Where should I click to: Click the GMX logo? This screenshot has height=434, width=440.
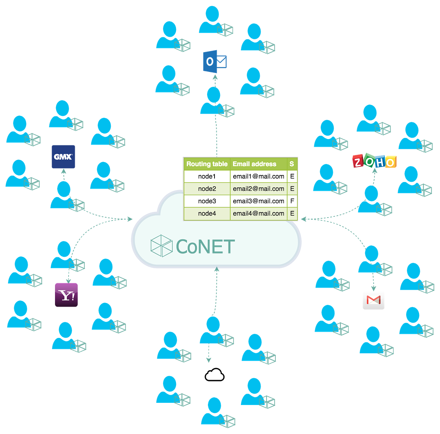pyautogui.click(x=63, y=157)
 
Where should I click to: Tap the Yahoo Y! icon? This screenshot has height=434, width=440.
pyautogui.click(x=66, y=295)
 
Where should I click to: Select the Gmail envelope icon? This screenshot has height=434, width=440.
pyautogui.click(x=373, y=300)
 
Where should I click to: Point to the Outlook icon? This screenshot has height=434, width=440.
pyautogui.click(x=215, y=61)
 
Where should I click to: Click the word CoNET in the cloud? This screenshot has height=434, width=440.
pyautogui.click(x=205, y=247)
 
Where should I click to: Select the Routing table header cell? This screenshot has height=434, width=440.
pyautogui.click(x=207, y=164)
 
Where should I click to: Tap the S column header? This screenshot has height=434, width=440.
pyautogui.click(x=292, y=164)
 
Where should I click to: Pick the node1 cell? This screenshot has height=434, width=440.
pyautogui.click(x=207, y=176)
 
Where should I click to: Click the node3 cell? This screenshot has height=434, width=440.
pyautogui.click(x=207, y=201)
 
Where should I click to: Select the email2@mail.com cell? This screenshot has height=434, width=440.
pyautogui.click(x=258, y=189)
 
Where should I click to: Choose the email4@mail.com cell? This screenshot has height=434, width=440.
pyautogui.click(x=258, y=213)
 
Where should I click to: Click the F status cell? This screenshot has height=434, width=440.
pyautogui.click(x=292, y=201)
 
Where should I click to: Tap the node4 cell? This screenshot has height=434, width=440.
pyautogui.click(x=207, y=213)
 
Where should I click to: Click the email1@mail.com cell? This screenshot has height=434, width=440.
pyautogui.click(x=258, y=176)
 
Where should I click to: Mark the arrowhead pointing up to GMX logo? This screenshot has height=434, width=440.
pyautogui.click(x=64, y=172)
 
